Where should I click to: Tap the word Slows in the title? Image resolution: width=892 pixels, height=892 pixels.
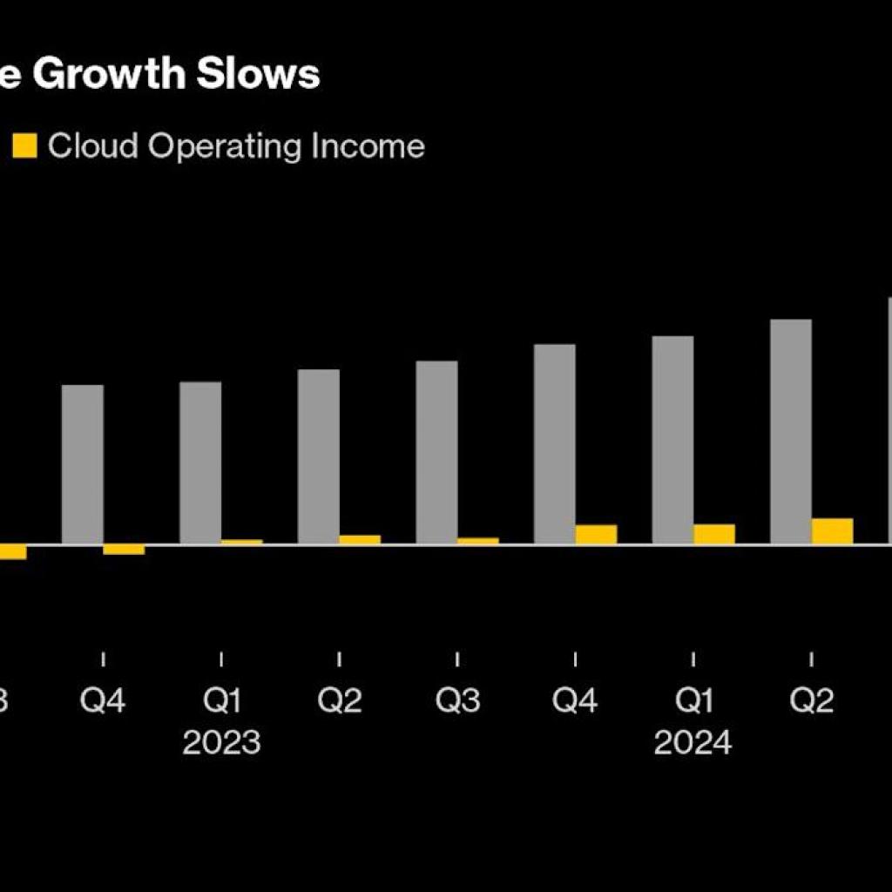click(x=260, y=75)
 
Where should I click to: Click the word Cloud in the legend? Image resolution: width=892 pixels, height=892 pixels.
click(x=93, y=145)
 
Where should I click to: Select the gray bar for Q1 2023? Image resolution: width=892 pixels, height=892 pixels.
click(x=200, y=463)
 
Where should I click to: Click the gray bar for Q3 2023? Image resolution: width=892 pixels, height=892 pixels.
click(x=436, y=452)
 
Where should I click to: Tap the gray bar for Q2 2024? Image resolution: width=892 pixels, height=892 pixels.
click(x=791, y=431)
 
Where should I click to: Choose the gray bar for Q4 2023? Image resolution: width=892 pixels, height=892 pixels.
click(x=555, y=444)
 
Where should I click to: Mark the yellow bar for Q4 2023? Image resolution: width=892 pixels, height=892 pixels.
click(x=597, y=535)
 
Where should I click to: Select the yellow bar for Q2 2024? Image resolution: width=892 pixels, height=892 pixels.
click(x=833, y=531)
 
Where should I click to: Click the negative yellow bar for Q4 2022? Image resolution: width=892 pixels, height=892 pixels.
click(x=124, y=550)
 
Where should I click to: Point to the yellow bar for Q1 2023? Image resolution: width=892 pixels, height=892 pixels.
click(x=242, y=542)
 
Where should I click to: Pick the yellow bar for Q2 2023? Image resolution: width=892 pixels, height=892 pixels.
click(x=360, y=540)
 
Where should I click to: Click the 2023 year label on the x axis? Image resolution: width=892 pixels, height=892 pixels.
click(x=221, y=743)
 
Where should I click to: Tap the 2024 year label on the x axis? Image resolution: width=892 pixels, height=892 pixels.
click(x=693, y=743)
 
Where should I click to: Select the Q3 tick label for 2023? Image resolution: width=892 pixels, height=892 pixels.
click(x=457, y=700)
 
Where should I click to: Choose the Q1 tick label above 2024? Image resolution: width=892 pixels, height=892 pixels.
click(x=693, y=700)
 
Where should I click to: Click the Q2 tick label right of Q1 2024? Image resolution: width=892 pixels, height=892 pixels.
click(x=812, y=700)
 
